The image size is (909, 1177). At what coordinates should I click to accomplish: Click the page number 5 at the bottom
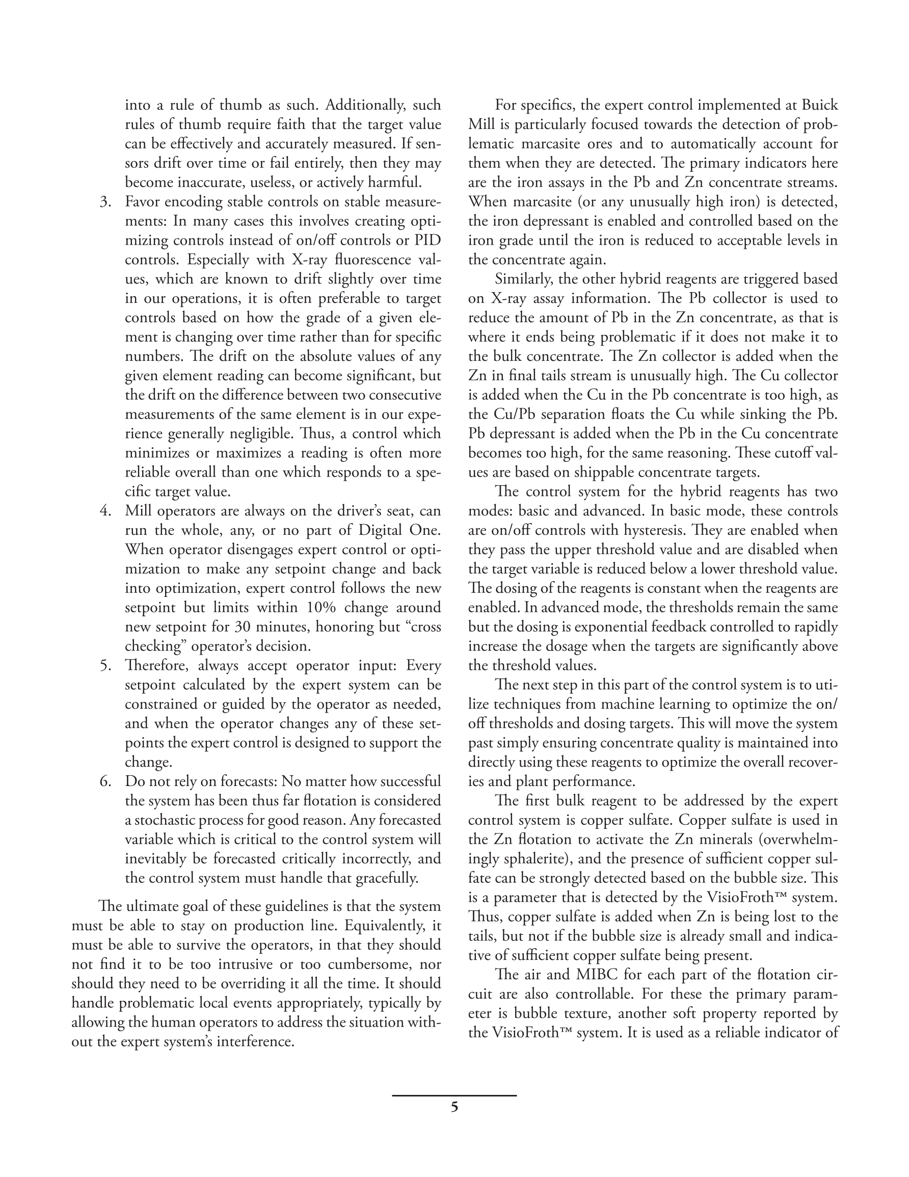pos(454,1107)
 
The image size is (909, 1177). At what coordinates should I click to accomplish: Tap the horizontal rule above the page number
pos(454,1095)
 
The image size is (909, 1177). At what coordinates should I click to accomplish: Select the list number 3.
pos(105,202)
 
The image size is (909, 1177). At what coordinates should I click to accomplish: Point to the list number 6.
pos(105,781)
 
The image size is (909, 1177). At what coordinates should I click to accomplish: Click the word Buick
pos(820,105)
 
